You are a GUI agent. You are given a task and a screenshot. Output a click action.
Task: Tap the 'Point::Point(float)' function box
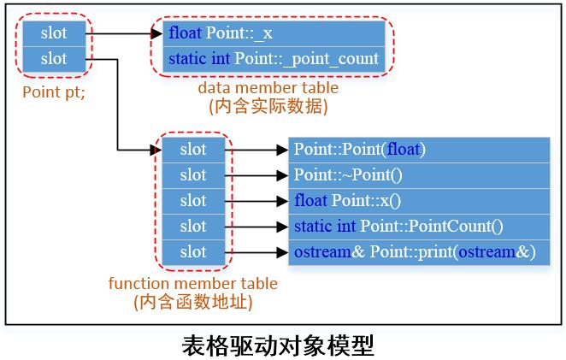(418, 150)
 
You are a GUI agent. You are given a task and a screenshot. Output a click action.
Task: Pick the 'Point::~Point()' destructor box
(418, 175)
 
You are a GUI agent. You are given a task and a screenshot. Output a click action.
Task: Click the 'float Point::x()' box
(418, 201)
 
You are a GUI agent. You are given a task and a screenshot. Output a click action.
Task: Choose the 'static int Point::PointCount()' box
(418, 227)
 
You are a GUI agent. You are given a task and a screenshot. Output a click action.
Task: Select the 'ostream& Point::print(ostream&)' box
(418, 252)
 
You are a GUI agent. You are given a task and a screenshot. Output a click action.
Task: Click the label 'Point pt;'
(53, 91)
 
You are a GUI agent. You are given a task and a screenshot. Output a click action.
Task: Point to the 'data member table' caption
(268, 88)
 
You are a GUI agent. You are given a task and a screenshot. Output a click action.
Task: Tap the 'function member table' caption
(193, 283)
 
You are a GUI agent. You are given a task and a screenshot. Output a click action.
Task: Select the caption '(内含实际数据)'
(268, 107)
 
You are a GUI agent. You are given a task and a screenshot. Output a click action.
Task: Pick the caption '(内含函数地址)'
(193, 302)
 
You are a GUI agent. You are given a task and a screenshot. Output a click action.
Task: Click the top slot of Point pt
(53, 33)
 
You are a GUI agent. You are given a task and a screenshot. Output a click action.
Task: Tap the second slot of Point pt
(53, 59)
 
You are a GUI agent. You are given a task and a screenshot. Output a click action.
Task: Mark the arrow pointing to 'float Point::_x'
(124, 34)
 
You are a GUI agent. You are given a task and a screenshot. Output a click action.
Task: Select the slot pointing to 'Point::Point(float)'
(193, 150)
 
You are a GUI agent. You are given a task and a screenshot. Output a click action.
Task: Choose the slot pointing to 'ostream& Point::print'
(193, 252)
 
